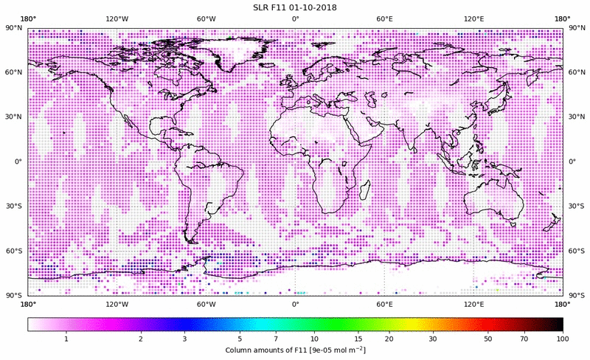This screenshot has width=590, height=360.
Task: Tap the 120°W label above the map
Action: pos(117,18)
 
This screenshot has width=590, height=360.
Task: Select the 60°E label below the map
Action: pos(384,303)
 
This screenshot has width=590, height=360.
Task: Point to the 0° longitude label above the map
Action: pos(295,18)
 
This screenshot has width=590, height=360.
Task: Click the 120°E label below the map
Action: pos(473,303)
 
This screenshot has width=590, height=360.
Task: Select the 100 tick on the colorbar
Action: pos(562,339)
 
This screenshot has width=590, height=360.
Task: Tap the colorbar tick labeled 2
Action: pos(140,339)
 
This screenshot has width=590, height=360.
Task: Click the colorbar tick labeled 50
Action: pos(488,339)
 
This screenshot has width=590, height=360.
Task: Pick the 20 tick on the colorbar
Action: pos(388,339)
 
